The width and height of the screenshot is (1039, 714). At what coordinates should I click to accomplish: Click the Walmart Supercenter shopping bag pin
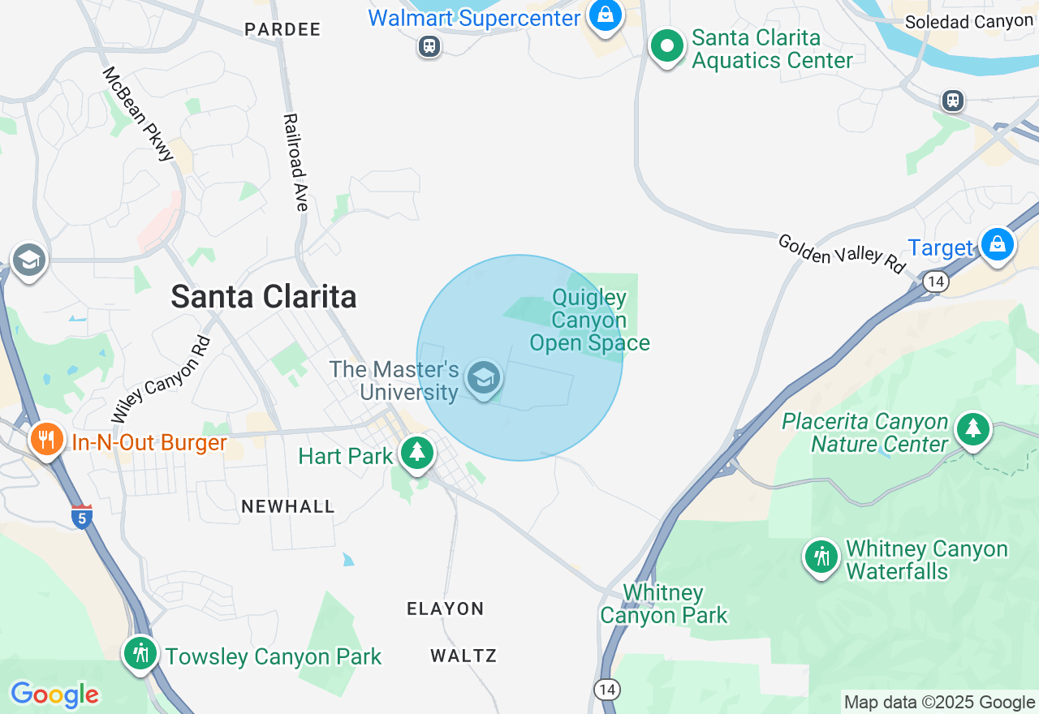click(605, 16)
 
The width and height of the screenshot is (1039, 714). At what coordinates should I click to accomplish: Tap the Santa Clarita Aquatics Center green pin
click(667, 47)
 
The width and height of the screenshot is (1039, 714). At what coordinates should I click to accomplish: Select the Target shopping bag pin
click(996, 244)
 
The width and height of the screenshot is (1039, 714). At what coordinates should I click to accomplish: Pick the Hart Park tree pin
click(417, 453)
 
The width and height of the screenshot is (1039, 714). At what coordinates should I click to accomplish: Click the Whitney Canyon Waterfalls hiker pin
click(821, 557)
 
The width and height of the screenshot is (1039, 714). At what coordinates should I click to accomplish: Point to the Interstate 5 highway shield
click(81, 516)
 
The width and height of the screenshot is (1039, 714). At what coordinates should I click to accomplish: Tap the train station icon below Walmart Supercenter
click(429, 46)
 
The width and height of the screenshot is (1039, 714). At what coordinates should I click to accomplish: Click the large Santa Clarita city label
click(264, 297)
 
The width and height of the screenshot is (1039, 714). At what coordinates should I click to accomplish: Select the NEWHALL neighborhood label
click(288, 506)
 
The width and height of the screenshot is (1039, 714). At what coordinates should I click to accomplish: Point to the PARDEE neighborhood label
click(283, 29)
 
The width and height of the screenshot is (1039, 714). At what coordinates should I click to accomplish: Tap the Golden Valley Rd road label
click(841, 254)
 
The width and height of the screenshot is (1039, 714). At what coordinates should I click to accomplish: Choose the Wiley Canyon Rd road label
click(161, 380)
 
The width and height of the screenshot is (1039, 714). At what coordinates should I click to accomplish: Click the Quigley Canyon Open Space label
click(589, 320)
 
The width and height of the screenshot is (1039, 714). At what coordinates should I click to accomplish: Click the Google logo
click(54, 695)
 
